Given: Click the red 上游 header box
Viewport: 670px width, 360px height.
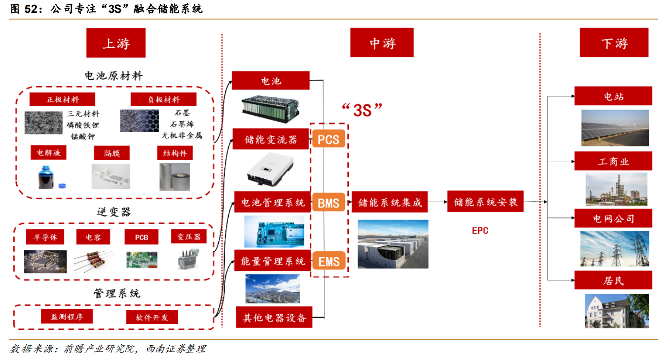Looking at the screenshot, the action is (116, 43).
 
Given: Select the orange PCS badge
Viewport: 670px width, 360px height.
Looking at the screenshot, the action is (328, 139).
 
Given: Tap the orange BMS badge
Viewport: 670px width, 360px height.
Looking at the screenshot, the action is (328, 203).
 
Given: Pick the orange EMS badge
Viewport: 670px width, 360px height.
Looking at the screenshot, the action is (329, 261).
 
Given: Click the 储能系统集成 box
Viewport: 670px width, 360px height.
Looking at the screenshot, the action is (389, 202).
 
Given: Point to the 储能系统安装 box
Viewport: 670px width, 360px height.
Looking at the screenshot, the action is (485, 201).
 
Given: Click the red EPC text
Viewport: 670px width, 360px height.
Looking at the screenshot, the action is (480, 230).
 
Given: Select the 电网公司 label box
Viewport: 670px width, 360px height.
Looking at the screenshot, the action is (613, 218).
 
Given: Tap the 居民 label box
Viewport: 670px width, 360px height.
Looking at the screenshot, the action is (613, 280).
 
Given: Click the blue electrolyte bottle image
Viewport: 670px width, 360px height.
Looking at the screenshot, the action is (48, 177).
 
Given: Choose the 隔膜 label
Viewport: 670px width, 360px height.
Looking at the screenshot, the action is (112, 153).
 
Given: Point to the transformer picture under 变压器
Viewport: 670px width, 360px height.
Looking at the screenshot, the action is (188, 258).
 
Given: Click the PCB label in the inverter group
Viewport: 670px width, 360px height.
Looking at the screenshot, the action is (141, 237).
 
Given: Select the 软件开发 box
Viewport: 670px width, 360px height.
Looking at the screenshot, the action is (152, 317).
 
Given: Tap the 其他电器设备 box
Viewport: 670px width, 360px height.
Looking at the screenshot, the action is (274, 317).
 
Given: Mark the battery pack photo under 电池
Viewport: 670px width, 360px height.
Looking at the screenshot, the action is (270, 109).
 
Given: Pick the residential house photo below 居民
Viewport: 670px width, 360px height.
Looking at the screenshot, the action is (617, 310).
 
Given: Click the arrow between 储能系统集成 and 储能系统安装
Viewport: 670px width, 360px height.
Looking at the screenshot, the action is (437, 202).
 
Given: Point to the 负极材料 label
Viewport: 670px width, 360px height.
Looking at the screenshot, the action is (163, 99).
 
